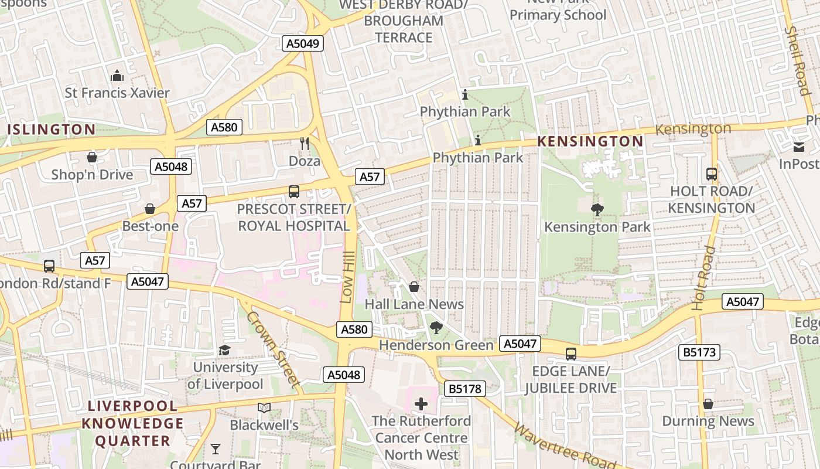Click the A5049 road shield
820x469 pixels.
(303, 43)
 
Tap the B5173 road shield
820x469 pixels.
(699, 352)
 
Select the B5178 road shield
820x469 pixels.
(465, 388)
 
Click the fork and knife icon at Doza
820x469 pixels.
(304, 144)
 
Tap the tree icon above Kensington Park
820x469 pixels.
(597, 209)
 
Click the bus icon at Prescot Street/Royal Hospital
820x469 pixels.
(294, 192)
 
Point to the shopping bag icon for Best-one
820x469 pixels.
(150, 209)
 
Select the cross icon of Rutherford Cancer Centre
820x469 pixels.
(421, 404)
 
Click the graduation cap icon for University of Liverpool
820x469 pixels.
(225, 351)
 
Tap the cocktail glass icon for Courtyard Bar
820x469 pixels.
(216, 449)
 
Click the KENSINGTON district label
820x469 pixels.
(590, 141)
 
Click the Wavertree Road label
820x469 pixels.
(565, 446)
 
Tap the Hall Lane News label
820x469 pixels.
(414, 304)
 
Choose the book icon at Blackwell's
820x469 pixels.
(264, 407)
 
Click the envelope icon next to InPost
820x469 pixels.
(799, 147)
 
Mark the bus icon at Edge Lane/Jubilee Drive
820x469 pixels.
(571, 354)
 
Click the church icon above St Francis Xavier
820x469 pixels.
(117, 76)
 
